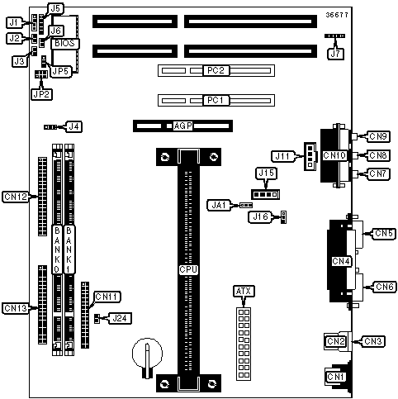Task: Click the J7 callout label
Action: (335, 54)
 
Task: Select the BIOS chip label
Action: (64, 44)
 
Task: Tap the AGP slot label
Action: (182, 126)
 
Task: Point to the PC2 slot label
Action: (216, 70)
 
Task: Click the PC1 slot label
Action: (216, 100)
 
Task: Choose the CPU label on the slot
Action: (188, 269)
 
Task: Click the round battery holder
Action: (147, 354)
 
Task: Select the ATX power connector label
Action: (244, 291)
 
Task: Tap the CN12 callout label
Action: (16, 197)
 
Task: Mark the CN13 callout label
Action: (16, 308)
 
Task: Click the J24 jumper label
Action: (120, 318)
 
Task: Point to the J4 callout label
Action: (73, 126)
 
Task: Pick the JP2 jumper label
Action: (41, 94)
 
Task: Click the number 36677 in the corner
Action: (337, 15)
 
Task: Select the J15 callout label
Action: (267, 173)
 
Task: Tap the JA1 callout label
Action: (219, 205)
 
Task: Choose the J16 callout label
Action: (260, 217)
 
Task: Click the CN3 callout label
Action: (373, 341)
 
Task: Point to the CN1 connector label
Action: (336, 377)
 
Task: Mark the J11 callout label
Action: (282, 156)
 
